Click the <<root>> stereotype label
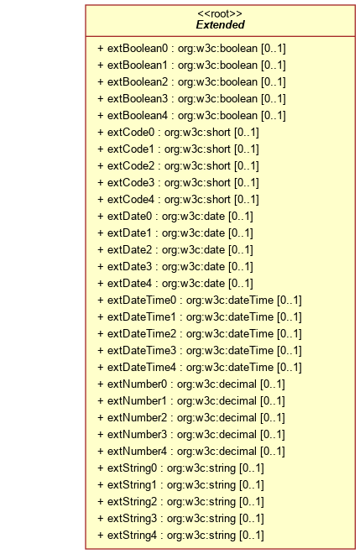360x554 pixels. [220, 13]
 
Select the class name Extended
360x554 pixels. [220, 24]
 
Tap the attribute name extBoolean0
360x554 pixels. [138, 48]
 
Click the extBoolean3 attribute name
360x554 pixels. [138, 98]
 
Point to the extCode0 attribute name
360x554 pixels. [131, 132]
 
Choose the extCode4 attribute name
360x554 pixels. [131, 199]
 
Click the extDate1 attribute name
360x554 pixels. [129, 233]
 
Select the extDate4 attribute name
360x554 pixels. [129, 284]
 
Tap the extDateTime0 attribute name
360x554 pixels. [141, 300]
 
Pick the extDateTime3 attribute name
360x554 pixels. [141, 351]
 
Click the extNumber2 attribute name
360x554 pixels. [137, 418]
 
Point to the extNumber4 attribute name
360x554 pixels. [137, 452]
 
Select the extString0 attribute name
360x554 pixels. [132, 468]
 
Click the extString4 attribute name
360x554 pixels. [132, 536]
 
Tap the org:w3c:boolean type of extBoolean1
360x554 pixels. [217, 65]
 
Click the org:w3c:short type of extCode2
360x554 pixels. [197, 165]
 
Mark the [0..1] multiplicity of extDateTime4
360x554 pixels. [290, 368]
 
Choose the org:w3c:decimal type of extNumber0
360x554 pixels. [217, 384]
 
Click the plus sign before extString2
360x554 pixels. [101, 502]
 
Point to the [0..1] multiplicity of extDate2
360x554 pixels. [241, 250]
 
